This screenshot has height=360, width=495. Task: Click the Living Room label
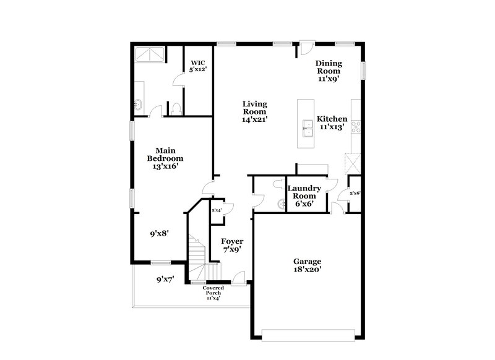pos(254,112)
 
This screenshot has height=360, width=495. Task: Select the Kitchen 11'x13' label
pos(332,123)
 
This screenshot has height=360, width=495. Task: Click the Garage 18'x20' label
pos(307,265)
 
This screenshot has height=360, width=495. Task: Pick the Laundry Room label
pos(303,195)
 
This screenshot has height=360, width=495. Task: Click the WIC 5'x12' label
pos(198,66)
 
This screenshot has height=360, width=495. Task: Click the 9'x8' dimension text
pos(160,234)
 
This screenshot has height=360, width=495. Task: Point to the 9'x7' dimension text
pos(165,279)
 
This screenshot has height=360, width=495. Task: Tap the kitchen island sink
pos(306,128)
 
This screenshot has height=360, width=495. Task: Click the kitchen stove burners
pos(356,127)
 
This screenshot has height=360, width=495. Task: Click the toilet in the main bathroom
pos(176,109)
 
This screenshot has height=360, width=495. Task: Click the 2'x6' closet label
pos(355,193)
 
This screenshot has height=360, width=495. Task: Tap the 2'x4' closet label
pos(217,210)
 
